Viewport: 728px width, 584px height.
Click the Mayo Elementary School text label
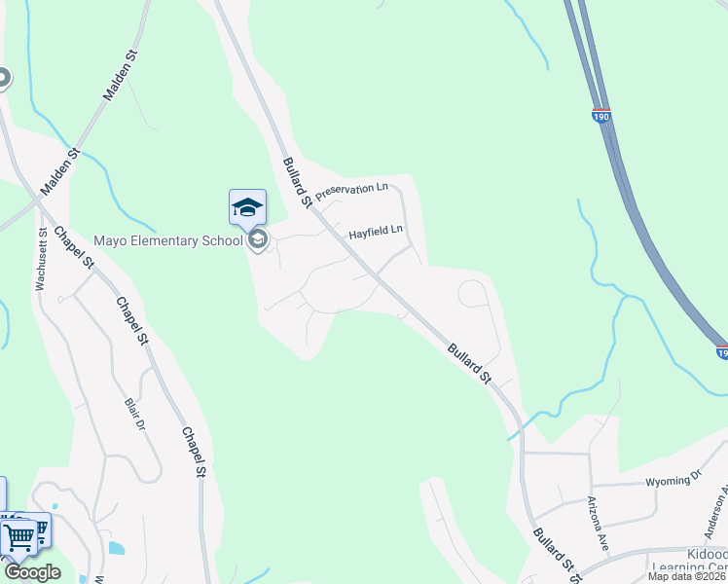[x=167, y=240]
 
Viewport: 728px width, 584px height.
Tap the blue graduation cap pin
[x=247, y=206]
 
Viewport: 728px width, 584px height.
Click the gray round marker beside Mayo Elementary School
[x=258, y=239]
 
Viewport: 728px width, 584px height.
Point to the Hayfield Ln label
[x=376, y=232]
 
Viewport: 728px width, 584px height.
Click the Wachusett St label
[x=41, y=260]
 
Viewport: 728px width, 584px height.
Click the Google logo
[x=32, y=572]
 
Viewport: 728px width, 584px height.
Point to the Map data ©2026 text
[x=687, y=576]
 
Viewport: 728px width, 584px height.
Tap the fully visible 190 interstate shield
[x=601, y=116]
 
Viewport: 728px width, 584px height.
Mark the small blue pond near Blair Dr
[x=116, y=548]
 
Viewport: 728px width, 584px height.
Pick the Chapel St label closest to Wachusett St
[x=74, y=248]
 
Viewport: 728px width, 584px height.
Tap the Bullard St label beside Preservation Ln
[x=296, y=182]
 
